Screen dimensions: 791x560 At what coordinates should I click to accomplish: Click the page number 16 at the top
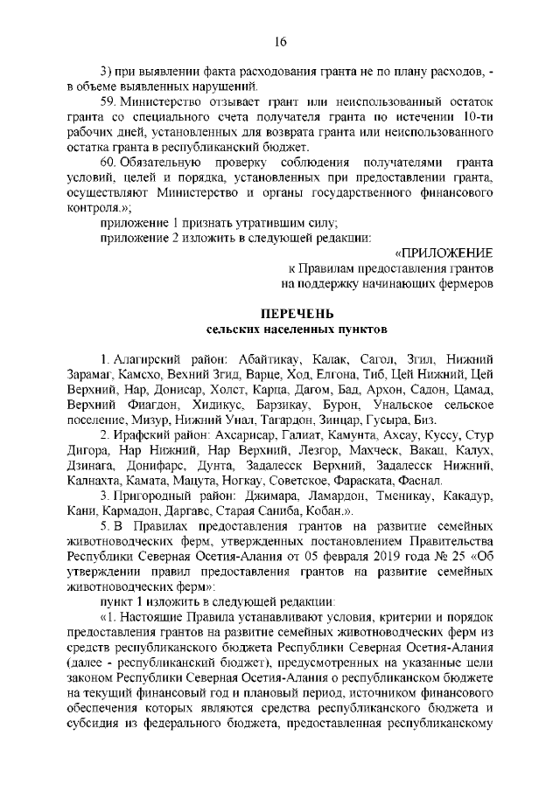click(280, 42)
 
